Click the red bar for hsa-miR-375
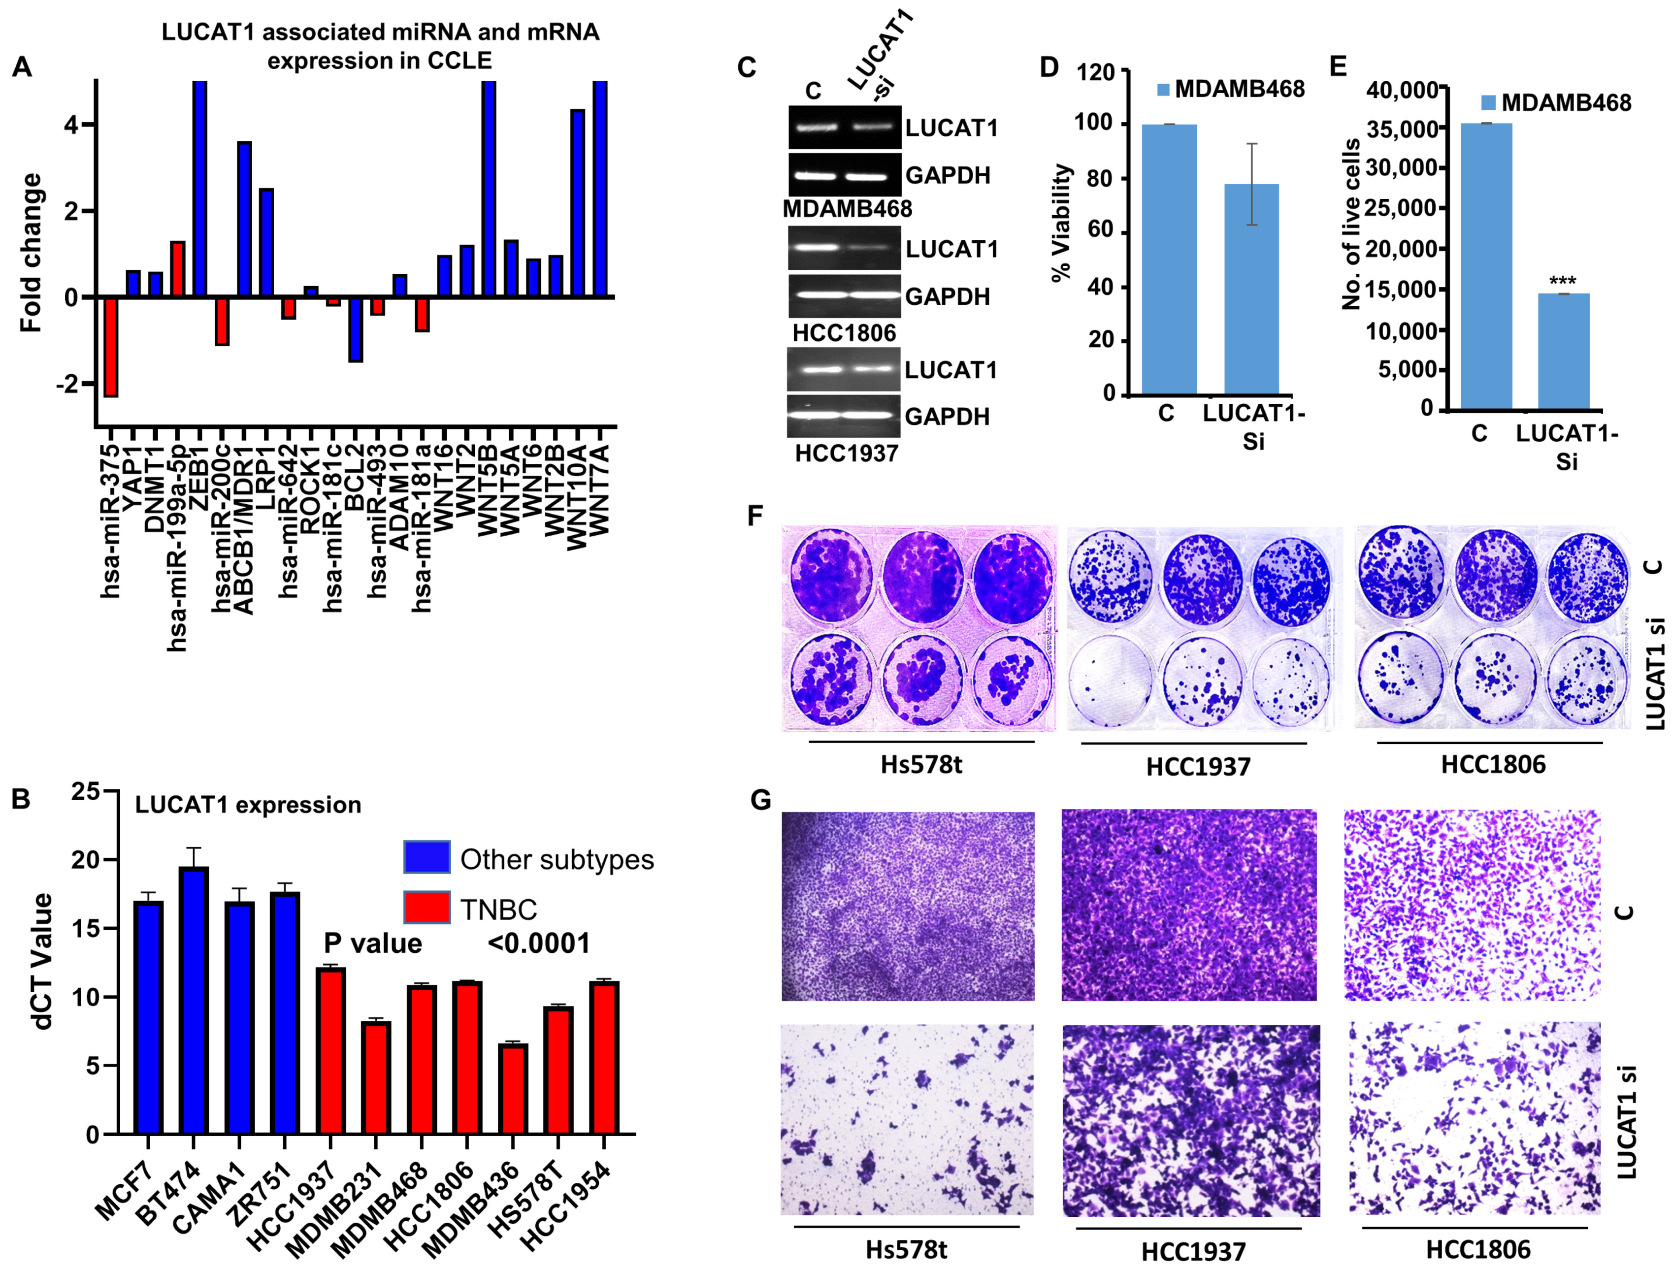click(110, 347)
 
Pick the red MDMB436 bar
click(513, 1088)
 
